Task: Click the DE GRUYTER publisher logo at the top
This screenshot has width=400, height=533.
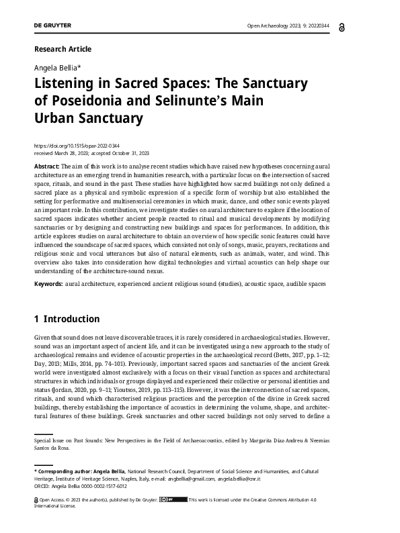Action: [x=52, y=26]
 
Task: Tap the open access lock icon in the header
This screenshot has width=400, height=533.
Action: [x=363, y=26]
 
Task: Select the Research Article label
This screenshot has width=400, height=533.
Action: [x=62, y=49]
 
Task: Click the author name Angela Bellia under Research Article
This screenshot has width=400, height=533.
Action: [x=58, y=68]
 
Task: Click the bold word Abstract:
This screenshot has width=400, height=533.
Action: [x=46, y=166]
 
